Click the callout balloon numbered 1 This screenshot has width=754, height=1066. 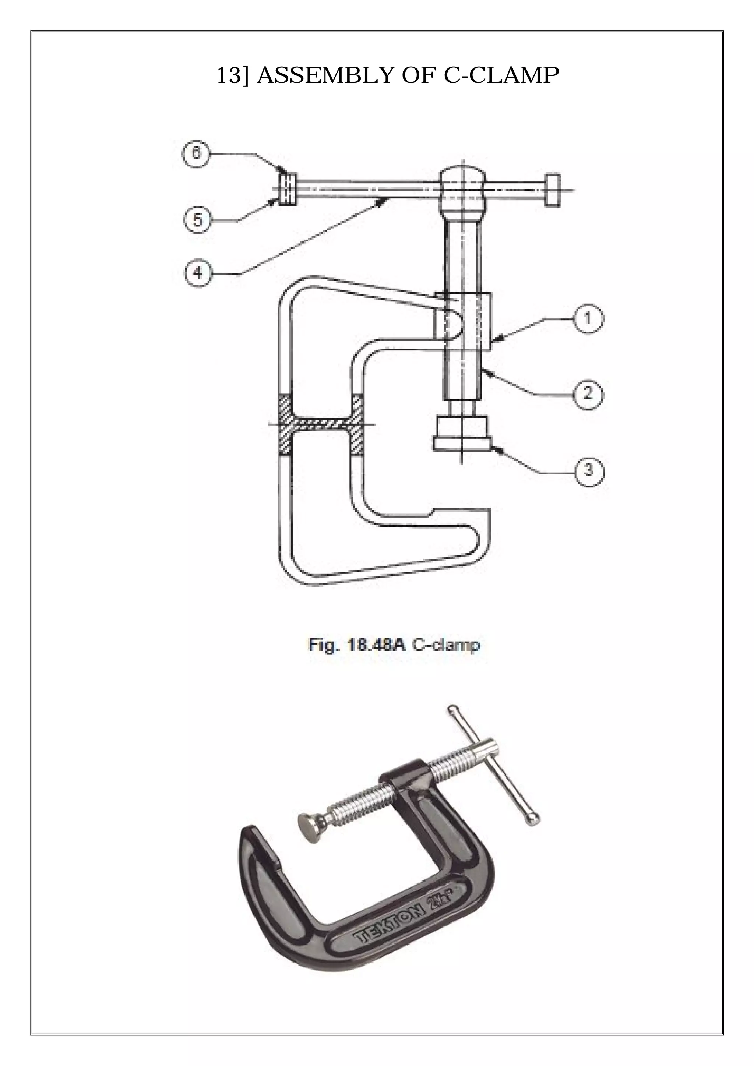(587, 318)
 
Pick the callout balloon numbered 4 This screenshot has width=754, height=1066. (198, 273)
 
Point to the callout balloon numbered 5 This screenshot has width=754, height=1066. (198, 220)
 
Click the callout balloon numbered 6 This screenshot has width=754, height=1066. (196, 153)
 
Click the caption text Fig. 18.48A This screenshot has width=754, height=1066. (357, 645)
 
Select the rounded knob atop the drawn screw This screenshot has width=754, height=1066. (462, 183)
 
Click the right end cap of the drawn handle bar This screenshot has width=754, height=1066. (552, 190)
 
